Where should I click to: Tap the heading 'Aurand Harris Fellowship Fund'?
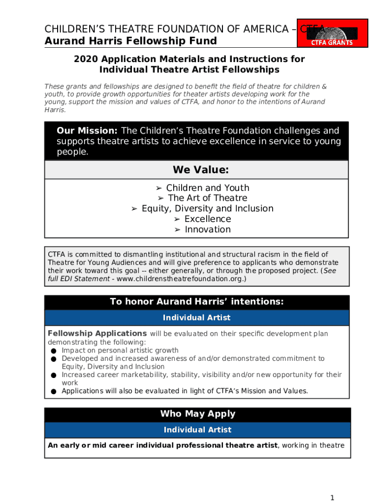point(130,41)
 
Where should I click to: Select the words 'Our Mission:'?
point(87,131)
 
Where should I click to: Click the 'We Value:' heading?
point(200,170)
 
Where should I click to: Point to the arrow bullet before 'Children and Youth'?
point(159,188)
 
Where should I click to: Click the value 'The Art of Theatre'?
point(207,198)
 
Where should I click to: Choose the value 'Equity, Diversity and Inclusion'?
point(207,208)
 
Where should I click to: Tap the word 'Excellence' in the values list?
point(207,219)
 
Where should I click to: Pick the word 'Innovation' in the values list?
point(207,229)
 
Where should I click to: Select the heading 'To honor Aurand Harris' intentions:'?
point(196,302)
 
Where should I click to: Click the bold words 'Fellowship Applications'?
point(97,333)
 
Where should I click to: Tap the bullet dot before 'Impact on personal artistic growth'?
point(53,350)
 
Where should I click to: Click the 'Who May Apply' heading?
point(197,414)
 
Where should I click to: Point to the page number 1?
point(332,498)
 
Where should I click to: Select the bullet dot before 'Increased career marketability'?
point(53,375)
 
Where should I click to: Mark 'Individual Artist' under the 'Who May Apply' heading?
point(197,430)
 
